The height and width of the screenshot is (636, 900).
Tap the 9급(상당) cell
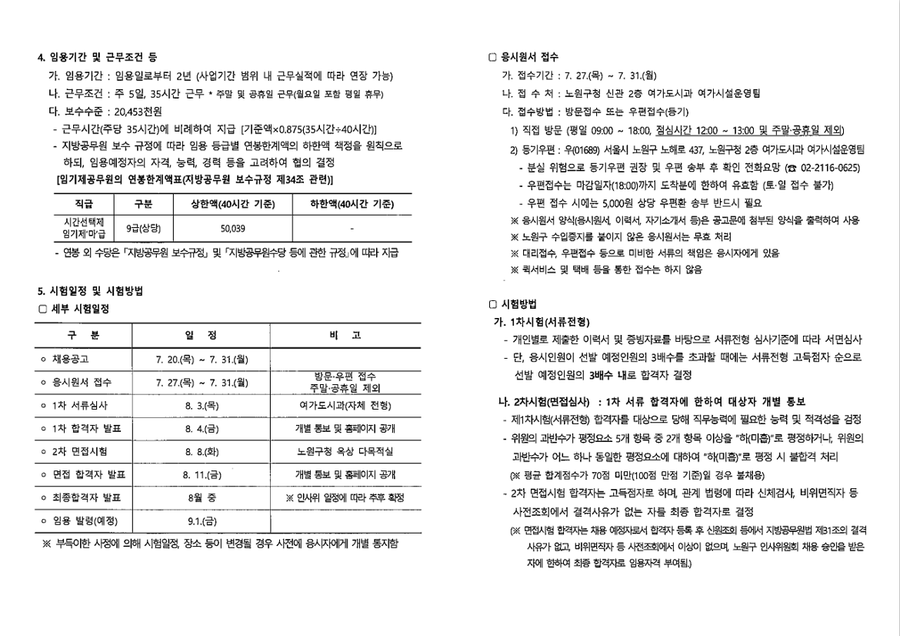[143, 229]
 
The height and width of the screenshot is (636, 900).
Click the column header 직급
[84, 204]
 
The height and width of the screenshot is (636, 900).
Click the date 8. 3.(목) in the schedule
[201, 405]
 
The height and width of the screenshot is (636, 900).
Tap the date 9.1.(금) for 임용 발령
[201, 521]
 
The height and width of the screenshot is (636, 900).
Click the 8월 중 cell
[201, 497]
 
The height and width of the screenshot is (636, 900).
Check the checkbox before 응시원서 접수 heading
[493, 58]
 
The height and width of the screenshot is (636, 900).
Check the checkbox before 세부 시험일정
[43, 309]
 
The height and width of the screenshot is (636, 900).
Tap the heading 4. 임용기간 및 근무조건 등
[98, 58]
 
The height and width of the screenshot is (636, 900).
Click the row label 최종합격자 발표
[89, 497]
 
